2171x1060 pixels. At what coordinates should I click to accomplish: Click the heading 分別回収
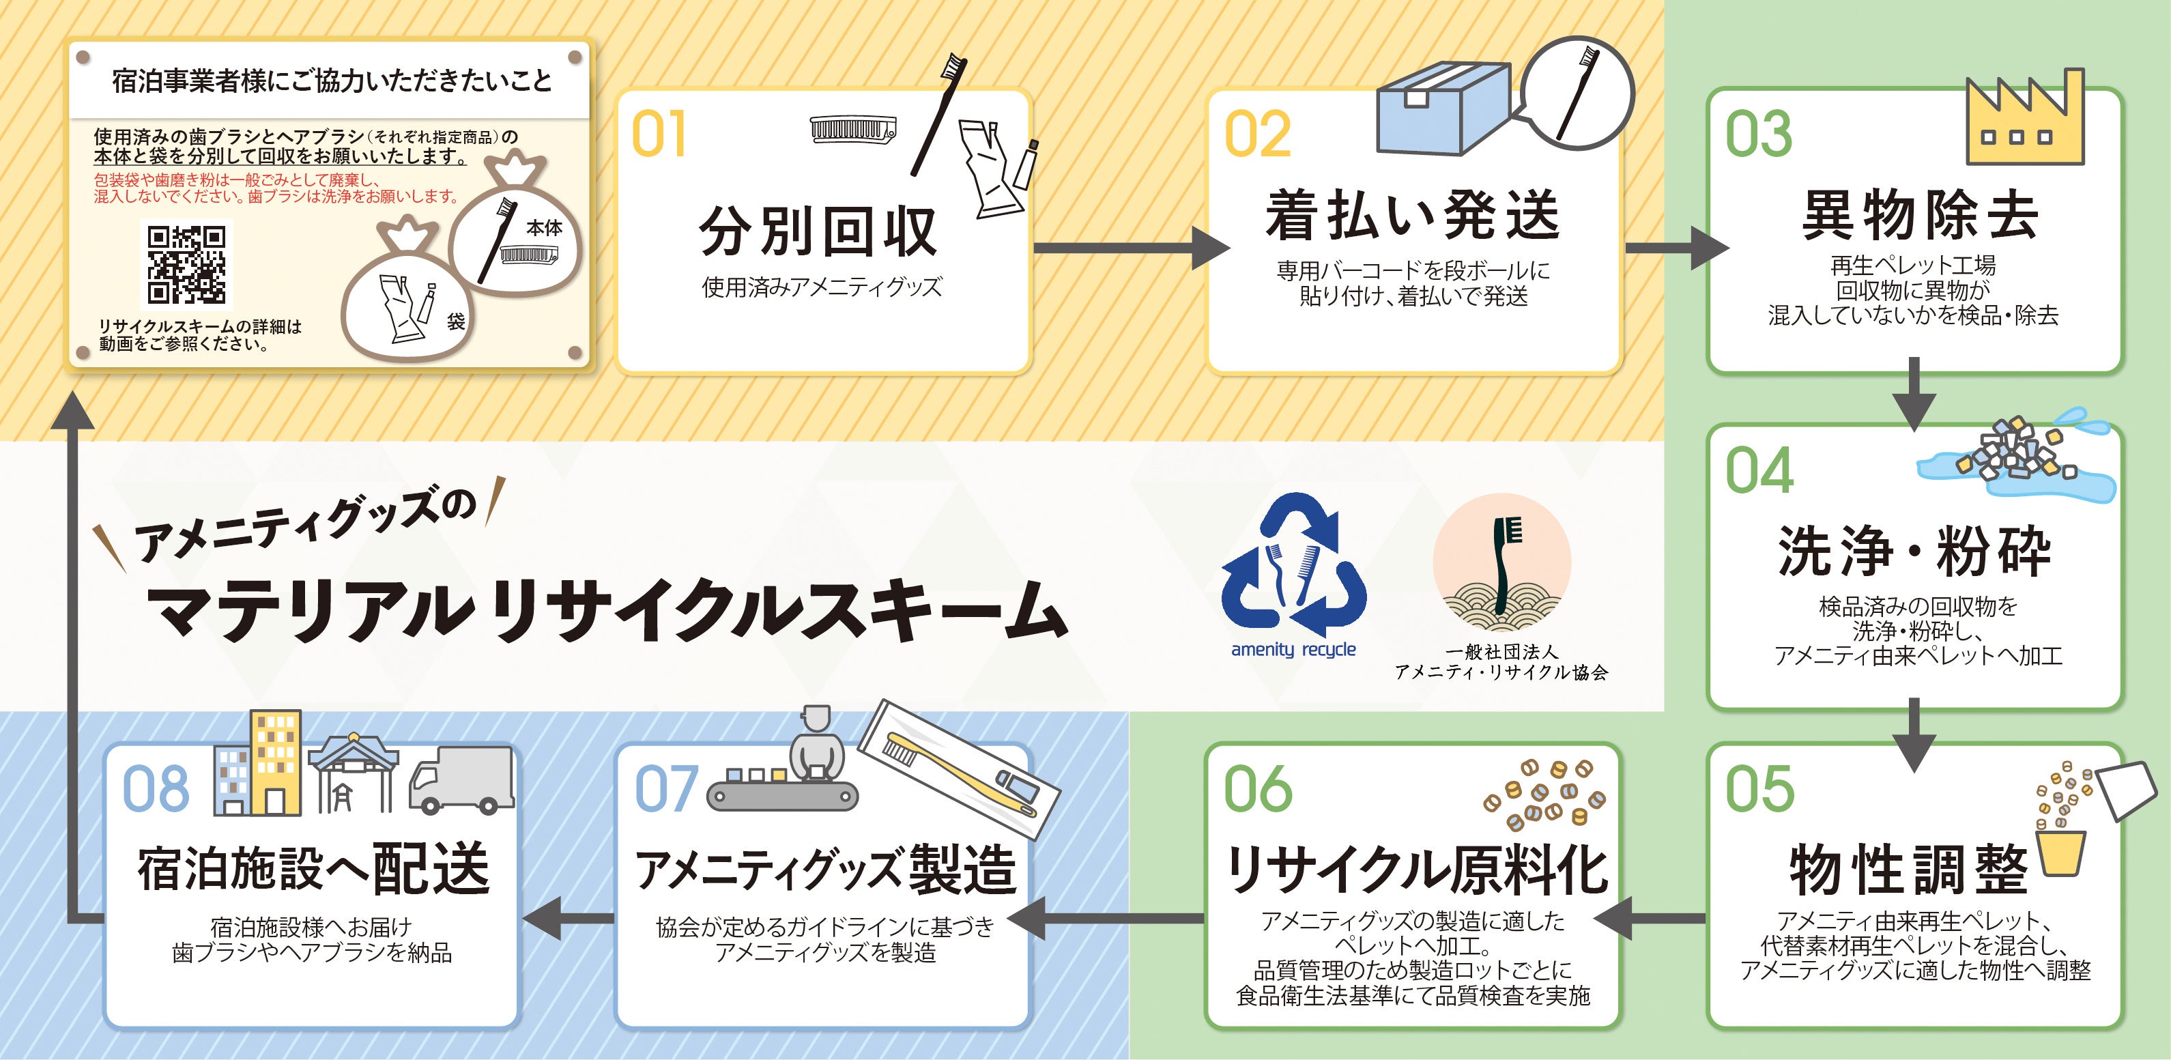pos(818,231)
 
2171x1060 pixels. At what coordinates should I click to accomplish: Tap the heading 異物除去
pos(1919,216)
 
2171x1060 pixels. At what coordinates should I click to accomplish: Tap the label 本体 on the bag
pos(543,227)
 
